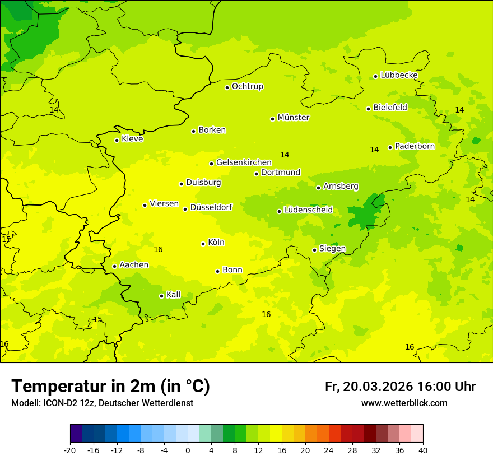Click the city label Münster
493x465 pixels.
(x=293, y=118)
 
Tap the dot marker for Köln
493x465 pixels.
(x=203, y=244)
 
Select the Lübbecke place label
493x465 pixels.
(x=399, y=75)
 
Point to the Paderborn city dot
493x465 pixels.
(x=390, y=147)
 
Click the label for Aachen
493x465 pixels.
(x=134, y=265)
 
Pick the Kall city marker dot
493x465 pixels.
(x=161, y=296)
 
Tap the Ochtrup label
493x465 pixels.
(x=247, y=86)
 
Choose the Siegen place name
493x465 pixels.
(x=332, y=249)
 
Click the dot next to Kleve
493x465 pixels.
(x=117, y=140)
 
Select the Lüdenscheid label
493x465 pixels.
(x=308, y=210)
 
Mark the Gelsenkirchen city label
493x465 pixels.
(x=244, y=162)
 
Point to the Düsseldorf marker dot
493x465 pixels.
(x=185, y=209)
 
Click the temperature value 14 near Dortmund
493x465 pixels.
(x=285, y=155)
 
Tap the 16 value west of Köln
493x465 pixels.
(x=158, y=250)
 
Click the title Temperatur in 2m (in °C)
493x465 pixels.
(x=110, y=386)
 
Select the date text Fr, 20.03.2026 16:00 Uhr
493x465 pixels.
(x=400, y=387)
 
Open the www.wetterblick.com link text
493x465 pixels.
(x=404, y=403)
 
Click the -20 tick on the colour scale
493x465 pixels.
(x=70, y=450)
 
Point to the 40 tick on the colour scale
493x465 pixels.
(x=423, y=450)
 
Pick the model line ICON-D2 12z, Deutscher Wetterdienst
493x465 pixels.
(x=102, y=403)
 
